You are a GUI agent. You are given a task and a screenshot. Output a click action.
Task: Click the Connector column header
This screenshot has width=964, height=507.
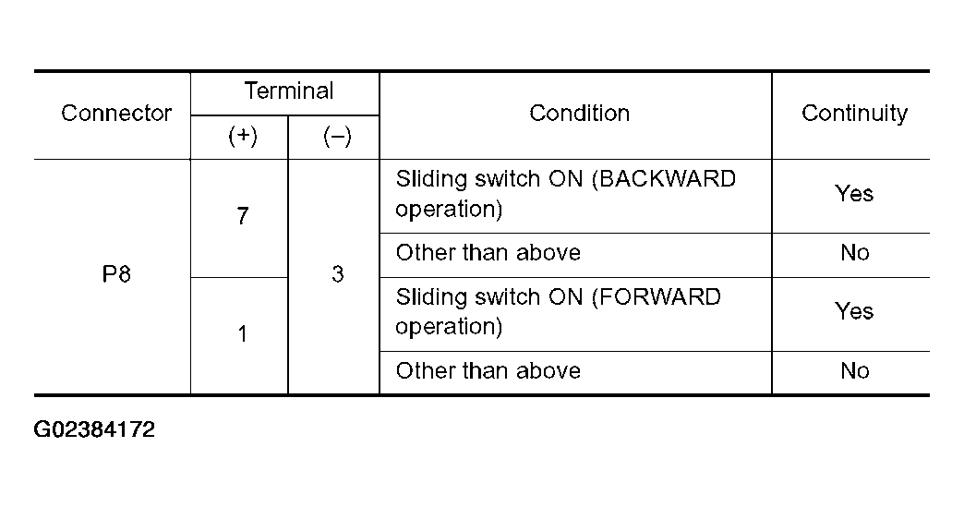coord(116,113)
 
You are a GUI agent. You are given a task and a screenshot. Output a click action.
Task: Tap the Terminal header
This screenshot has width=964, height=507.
coord(289,91)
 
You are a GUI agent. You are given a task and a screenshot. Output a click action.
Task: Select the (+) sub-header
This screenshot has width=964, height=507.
coord(242,135)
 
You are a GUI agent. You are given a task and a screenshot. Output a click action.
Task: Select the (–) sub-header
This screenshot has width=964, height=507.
coord(337,135)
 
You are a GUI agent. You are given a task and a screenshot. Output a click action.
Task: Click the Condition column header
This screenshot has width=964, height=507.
coord(579,113)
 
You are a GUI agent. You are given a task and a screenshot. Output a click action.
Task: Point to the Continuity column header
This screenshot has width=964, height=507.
coord(854,114)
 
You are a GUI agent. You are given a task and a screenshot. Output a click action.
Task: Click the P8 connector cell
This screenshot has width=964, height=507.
coord(116,273)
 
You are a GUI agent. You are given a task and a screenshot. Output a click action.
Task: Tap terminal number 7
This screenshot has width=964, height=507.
coord(242,216)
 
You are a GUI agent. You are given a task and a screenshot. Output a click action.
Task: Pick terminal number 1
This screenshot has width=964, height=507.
coord(242,333)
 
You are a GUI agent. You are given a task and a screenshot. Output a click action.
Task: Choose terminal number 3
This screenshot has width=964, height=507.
coord(337,273)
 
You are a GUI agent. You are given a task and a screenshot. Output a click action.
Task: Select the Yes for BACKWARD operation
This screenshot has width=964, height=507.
coord(854,194)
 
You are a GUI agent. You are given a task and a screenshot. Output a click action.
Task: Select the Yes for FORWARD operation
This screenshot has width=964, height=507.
coord(854,311)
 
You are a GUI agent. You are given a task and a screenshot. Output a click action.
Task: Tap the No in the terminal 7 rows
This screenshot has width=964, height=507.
coord(854,253)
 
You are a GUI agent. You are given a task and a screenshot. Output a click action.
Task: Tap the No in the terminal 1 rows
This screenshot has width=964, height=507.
coord(854,370)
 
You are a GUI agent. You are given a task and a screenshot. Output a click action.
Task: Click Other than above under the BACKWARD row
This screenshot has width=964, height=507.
coord(488,253)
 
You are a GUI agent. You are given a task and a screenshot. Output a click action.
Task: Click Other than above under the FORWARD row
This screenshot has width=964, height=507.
coord(488,370)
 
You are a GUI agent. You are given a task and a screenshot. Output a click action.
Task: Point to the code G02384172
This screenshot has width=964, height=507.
coord(94,429)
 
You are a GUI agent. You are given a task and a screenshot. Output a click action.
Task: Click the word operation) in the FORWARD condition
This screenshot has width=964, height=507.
coord(449,326)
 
